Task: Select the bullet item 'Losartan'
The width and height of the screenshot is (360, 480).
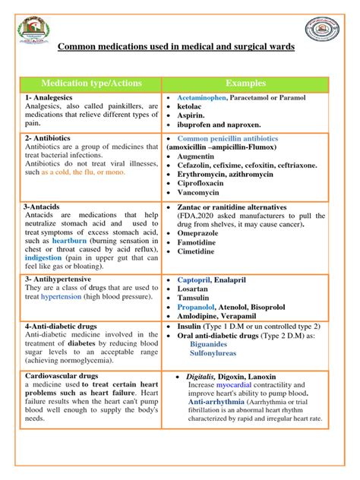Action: click(194, 291)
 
